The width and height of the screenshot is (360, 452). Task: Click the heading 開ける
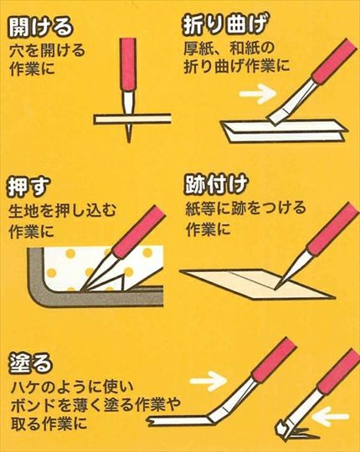point(40,27)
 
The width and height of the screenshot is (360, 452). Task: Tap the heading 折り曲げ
point(224,25)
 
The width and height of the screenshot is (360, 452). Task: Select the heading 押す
point(28,187)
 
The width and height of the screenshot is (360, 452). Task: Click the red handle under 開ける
point(128,64)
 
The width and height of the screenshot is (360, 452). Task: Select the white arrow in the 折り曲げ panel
point(257,94)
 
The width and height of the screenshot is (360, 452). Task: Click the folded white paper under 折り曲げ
point(284,131)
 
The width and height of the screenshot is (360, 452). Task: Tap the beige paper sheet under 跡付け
point(256,284)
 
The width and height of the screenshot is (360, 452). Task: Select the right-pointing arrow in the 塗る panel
point(208,381)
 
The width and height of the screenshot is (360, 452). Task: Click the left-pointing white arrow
point(331,416)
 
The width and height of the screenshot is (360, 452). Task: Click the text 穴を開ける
point(47,51)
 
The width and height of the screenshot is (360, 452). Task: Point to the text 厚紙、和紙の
point(229,48)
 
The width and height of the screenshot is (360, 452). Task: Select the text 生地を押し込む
point(62,211)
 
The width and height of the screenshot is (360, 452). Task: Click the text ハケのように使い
point(72,388)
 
